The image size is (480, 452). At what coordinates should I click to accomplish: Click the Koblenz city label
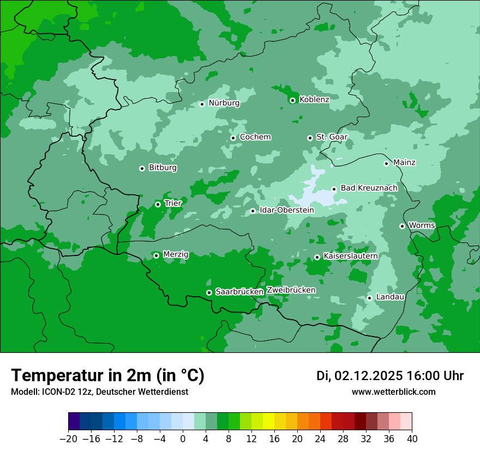(x=314, y=100)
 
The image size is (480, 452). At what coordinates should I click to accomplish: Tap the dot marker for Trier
(x=158, y=204)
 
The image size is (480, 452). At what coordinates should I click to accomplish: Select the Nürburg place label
(x=224, y=103)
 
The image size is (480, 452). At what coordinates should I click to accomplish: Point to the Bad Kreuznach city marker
(x=334, y=189)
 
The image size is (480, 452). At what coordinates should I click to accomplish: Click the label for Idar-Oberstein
(x=286, y=210)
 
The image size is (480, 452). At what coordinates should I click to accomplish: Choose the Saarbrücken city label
(x=239, y=292)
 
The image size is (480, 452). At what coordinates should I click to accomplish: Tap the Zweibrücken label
(x=291, y=290)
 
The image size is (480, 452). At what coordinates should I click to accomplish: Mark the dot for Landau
(x=369, y=298)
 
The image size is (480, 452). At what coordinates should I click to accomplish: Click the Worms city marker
(x=402, y=226)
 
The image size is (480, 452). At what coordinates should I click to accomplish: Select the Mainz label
(x=404, y=162)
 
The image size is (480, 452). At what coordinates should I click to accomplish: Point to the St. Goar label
(x=332, y=137)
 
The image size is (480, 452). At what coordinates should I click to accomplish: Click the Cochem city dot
(x=233, y=138)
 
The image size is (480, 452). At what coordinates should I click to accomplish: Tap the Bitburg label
(x=163, y=168)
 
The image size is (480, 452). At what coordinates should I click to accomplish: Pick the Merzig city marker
(x=156, y=255)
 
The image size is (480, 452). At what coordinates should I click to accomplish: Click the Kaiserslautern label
(x=350, y=256)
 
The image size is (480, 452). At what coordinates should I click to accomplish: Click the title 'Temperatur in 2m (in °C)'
(x=107, y=375)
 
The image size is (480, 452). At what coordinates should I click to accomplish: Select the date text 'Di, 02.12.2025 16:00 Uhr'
(x=390, y=376)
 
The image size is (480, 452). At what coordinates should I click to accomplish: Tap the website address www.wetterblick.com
(x=393, y=392)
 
